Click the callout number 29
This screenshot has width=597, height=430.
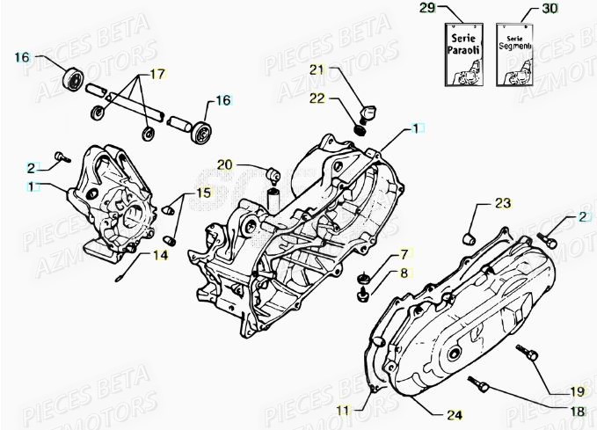point(451,9)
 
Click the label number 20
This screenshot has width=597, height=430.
point(225,164)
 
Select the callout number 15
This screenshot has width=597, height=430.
point(203,193)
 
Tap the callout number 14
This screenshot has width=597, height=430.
point(160,256)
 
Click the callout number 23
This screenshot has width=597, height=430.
point(501,204)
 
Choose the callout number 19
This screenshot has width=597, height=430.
point(575,391)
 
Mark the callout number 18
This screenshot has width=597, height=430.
point(575,411)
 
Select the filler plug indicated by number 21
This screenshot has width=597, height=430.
point(367,112)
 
